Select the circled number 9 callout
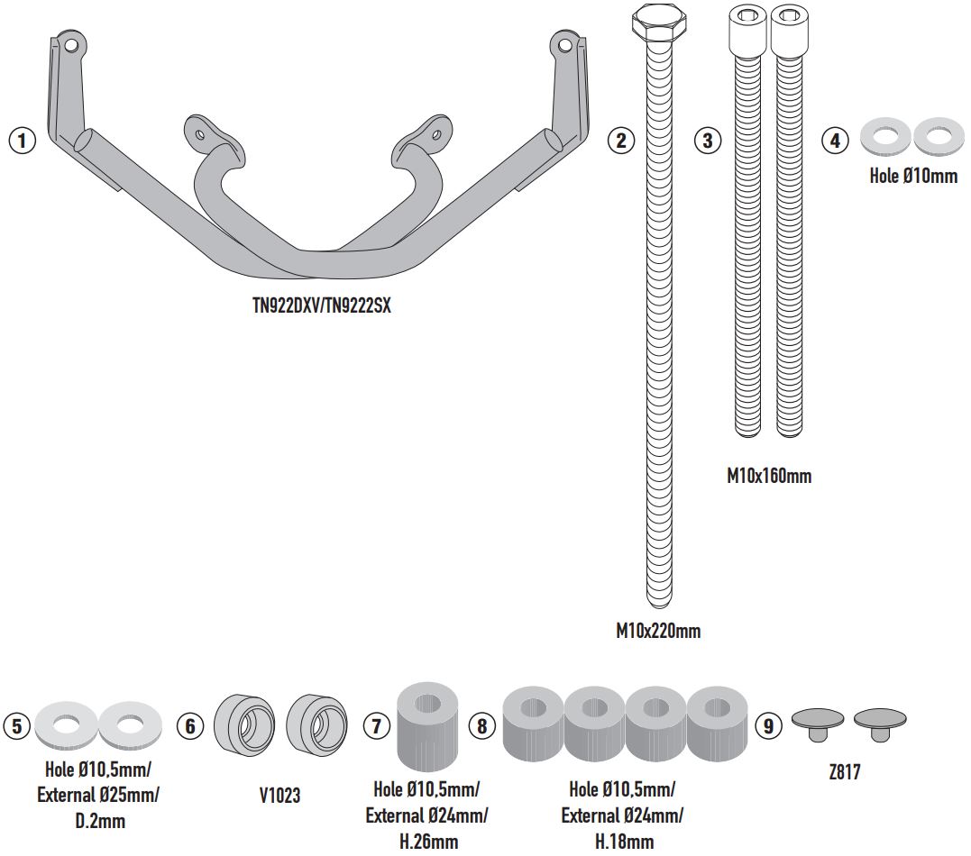[x=768, y=726]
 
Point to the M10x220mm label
[x=658, y=631]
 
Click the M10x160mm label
[x=769, y=476]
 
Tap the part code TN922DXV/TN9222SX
[x=321, y=305]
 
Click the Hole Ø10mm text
[x=913, y=177]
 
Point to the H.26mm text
[x=426, y=842]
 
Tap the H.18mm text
[x=623, y=842]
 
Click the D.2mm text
[x=98, y=821]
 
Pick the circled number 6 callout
[x=190, y=726]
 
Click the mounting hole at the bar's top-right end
[x=564, y=42]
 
